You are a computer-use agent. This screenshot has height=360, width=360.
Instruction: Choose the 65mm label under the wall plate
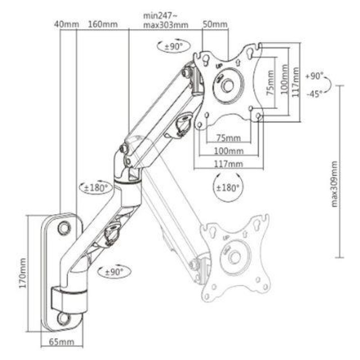[x=62, y=342]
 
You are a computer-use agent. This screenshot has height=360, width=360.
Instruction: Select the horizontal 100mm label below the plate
[x=228, y=151]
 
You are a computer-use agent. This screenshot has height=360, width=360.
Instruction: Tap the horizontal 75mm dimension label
[x=228, y=138]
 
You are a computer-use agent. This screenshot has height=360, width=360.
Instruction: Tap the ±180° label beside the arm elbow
[x=96, y=188]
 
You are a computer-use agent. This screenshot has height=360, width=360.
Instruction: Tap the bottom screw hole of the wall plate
[x=63, y=318]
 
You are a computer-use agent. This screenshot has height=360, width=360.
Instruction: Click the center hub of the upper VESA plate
[x=228, y=85]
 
